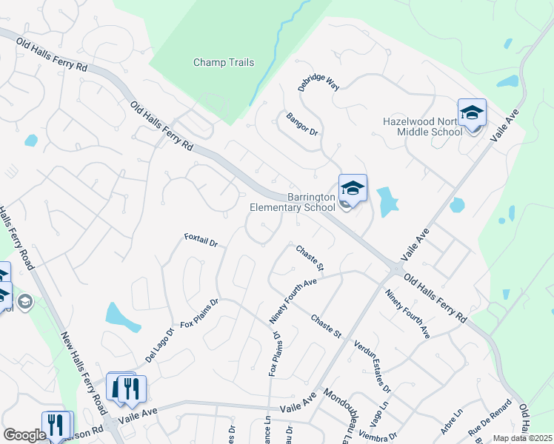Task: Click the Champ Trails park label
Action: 224,63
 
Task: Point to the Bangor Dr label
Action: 301,122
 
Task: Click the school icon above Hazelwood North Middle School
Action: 472,112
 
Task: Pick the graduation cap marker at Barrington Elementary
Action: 353,188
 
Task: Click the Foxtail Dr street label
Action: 201,241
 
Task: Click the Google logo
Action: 24,435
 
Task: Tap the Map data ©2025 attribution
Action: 522,438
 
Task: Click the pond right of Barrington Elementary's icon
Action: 387,201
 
